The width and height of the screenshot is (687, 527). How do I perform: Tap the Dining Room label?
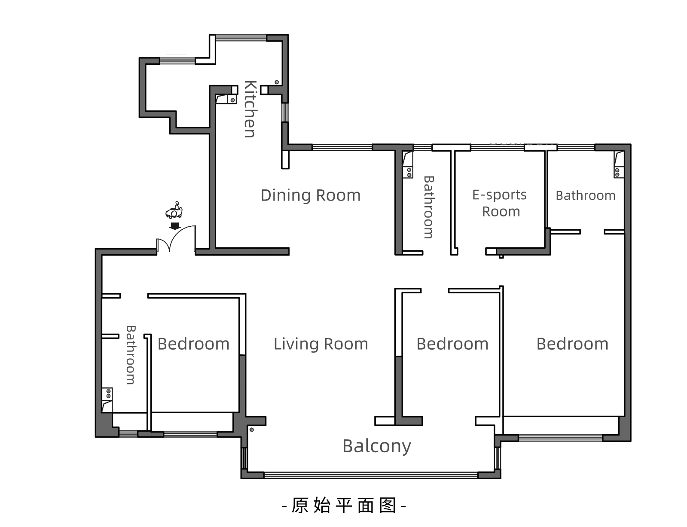point(311,195)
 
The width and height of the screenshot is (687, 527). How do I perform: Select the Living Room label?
point(321,344)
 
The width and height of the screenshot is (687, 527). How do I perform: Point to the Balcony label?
point(376,446)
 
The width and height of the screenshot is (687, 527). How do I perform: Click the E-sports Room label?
point(500,203)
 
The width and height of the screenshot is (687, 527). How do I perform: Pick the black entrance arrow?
point(175,226)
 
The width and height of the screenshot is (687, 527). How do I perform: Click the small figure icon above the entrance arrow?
point(174,210)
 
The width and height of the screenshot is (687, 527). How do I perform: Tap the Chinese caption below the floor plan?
point(344,506)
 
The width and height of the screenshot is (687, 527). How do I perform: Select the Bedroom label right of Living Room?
point(452,344)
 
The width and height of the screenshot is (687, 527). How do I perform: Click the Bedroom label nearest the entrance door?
point(193,344)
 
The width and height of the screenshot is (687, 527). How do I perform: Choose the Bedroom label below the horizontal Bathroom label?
point(572,344)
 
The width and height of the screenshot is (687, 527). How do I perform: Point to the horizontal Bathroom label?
point(586,195)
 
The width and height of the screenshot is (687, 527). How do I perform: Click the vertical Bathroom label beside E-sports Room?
point(429,207)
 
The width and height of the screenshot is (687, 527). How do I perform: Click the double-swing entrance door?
point(176,239)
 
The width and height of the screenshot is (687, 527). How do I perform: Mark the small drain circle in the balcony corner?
point(252,430)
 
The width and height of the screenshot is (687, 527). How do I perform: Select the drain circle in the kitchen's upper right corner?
point(277,82)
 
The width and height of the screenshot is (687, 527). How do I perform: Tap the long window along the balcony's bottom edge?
point(371,475)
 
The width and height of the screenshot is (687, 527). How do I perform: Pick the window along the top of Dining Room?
point(342,148)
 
